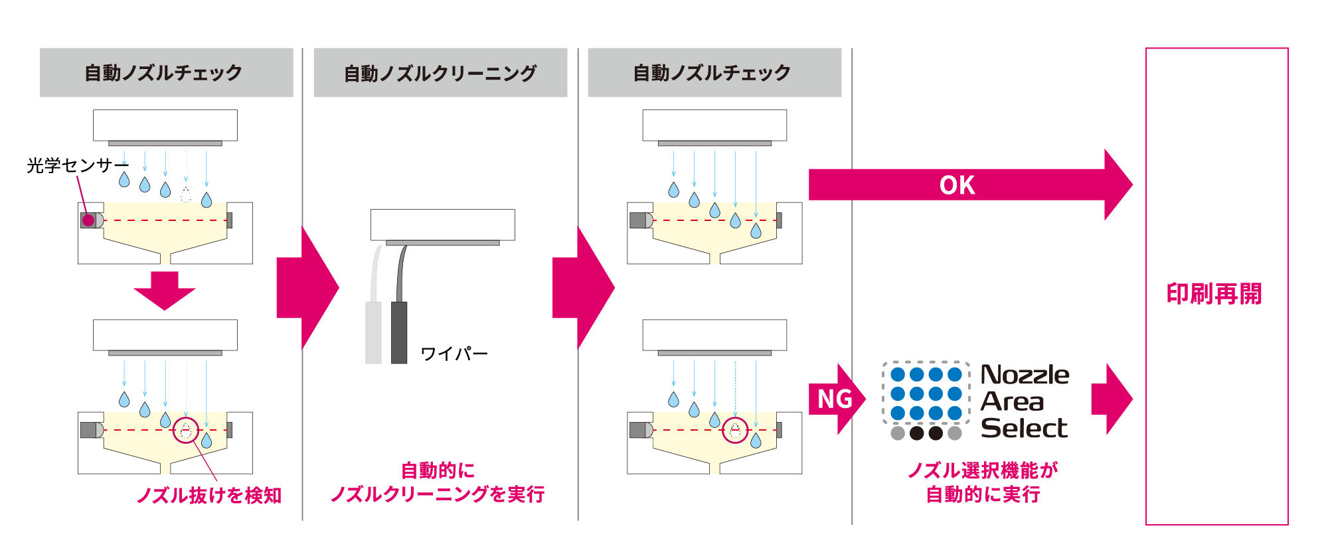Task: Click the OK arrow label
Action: [x=957, y=185]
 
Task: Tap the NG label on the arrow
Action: [x=835, y=399]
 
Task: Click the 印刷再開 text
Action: [x=1214, y=293]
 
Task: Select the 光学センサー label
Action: [x=76, y=165]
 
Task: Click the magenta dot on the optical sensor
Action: [x=88, y=220]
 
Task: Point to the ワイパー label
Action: [x=454, y=354]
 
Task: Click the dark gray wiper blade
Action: [x=399, y=332]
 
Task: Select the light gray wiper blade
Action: [x=374, y=332]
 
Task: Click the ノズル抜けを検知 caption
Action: [x=209, y=495]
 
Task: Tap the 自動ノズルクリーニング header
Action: [x=440, y=73]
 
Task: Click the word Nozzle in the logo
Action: [x=1025, y=375]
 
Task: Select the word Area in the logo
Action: [x=1012, y=401]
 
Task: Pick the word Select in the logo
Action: [x=1024, y=428]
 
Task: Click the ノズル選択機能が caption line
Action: [x=982, y=470]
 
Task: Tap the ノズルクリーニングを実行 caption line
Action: [x=438, y=494]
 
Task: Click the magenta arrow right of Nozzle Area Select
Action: [x=1111, y=399]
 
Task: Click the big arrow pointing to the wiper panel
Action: [x=307, y=288]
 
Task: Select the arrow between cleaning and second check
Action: [x=582, y=288]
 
